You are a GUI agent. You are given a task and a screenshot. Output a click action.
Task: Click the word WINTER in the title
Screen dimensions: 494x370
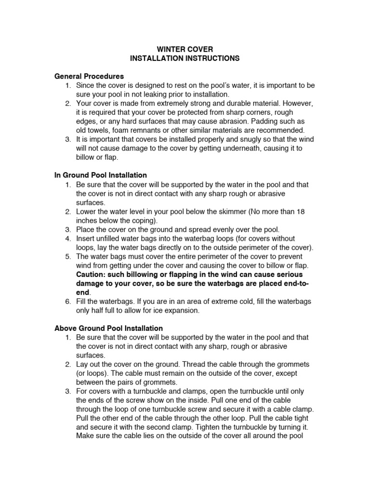170,49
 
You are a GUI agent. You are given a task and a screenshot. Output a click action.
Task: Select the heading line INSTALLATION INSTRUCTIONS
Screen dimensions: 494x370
185,58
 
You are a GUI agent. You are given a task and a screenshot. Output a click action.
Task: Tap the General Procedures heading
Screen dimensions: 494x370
89,76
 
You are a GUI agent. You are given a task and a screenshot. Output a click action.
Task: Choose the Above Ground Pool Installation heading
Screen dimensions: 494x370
108,328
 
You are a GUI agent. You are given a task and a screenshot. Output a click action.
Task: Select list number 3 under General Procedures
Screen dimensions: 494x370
68,139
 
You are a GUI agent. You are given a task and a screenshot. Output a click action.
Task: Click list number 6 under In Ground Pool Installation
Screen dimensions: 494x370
68,302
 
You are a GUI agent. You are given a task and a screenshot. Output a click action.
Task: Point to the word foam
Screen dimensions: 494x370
132,130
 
